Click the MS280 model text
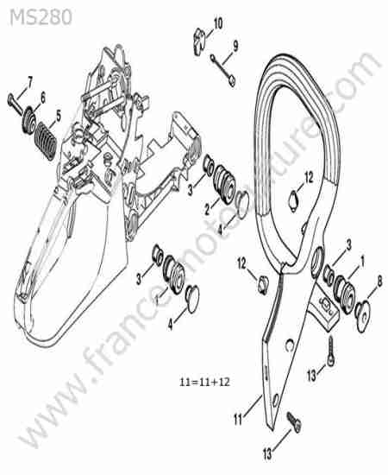(x=41, y=17)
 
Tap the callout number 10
(x=218, y=23)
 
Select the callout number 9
(x=235, y=46)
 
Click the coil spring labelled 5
(x=46, y=141)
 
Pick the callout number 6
(x=43, y=98)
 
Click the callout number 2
(x=207, y=210)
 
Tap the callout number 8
(x=379, y=282)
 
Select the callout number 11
(x=238, y=420)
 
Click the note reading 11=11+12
(x=204, y=382)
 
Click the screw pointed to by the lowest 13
(x=294, y=421)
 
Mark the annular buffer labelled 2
(x=224, y=184)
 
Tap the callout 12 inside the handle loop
(x=309, y=178)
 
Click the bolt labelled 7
(x=16, y=104)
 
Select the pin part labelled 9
(x=222, y=70)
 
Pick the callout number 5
(x=59, y=116)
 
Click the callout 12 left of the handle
(x=242, y=264)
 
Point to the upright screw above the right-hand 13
(x=331, y=351)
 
